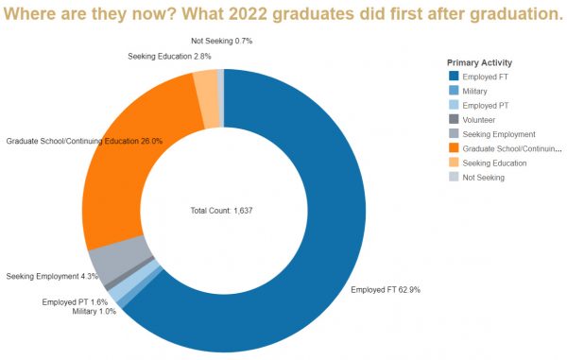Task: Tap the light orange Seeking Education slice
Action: (x=205, y=87)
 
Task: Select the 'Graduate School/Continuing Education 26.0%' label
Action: (x=84, y=141)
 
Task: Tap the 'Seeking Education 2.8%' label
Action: (x=169, y=57)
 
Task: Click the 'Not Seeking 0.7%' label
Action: (x=221, y=42)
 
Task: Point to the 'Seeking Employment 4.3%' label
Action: (x=52, y=276)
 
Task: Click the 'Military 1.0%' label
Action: (x=94, y=311)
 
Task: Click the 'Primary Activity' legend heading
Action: (x=480, y=62)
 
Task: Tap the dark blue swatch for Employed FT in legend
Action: (x=455, y=77)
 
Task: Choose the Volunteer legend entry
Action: (x=478, y=120)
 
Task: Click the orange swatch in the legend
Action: (x=455, y=148)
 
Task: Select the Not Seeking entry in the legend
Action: (x=483, y=177)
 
